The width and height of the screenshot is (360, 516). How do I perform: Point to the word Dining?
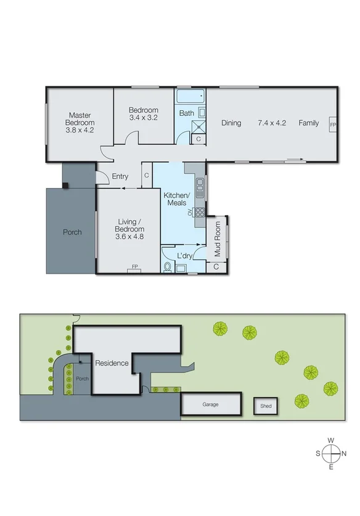tap(231, 123)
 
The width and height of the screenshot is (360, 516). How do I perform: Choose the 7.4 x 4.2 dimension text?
tap(272, 123)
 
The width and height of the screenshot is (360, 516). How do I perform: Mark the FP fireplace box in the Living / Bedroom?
tap(134, 268)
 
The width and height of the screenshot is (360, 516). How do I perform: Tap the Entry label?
tap(120, 177)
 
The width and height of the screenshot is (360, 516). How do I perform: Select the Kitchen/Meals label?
tap(175, 199)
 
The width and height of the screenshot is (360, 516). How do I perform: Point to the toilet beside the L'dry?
tap(169, 267)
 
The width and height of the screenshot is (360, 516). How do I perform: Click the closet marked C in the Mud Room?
tap(216, 267)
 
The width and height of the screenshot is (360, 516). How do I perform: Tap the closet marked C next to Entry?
tap(146, 176)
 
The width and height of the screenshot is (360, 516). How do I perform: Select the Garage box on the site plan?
tap(211, 405)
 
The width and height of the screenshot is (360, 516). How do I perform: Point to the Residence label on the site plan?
tap(112, 363)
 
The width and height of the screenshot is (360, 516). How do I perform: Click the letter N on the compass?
tap(344, 453)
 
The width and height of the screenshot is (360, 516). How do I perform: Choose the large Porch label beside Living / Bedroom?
tap(72, 232)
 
